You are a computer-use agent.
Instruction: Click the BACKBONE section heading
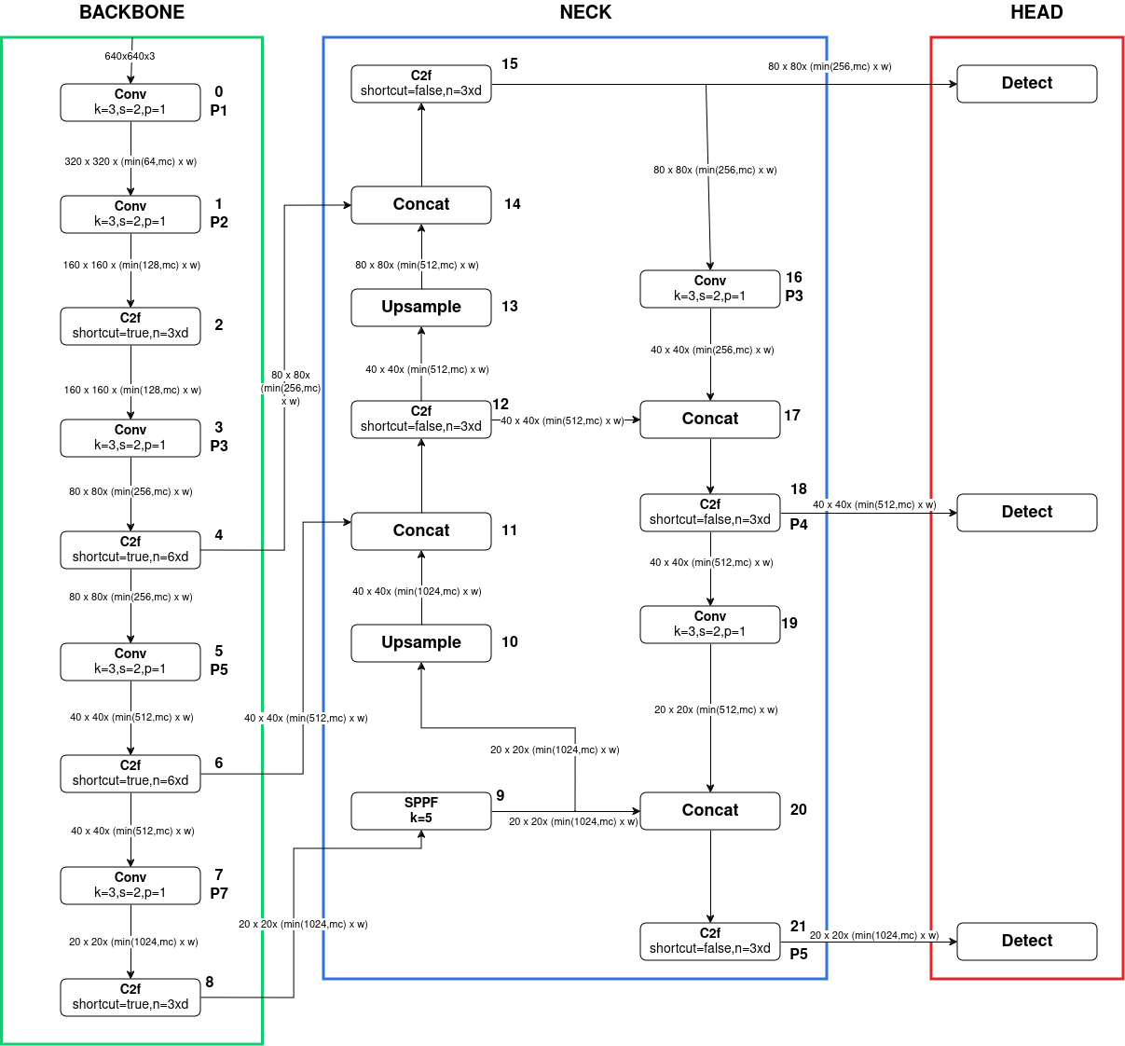pos(131,12)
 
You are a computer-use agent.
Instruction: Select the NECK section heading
pos(585,12)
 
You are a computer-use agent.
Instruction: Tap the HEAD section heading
pos(1036,12)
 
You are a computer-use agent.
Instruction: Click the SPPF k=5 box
pos(421,810)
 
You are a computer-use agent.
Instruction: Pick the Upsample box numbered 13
pos(421,307)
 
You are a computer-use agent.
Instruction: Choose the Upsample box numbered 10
pos(421,642)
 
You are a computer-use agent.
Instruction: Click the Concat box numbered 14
pos(421,204)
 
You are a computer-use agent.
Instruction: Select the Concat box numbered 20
pos(710,810)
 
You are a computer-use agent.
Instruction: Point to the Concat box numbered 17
pos(710,419)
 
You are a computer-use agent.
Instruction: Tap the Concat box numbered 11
pos(421,530)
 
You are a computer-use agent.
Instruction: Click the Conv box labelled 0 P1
pos(130,102)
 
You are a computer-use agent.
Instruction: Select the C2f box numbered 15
pos(421,83)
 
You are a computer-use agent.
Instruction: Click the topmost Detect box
pos(1027,83)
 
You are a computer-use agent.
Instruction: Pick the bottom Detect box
pos(1027,941)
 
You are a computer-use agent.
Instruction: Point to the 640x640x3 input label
pos(130,56)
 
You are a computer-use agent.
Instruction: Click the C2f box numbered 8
pos(130,997)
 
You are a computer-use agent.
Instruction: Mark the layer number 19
pos(789,624)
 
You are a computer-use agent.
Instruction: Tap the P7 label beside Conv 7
pos(219,893)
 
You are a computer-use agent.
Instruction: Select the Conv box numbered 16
pos(710,288)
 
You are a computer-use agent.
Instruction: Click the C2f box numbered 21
pos(710,941)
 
